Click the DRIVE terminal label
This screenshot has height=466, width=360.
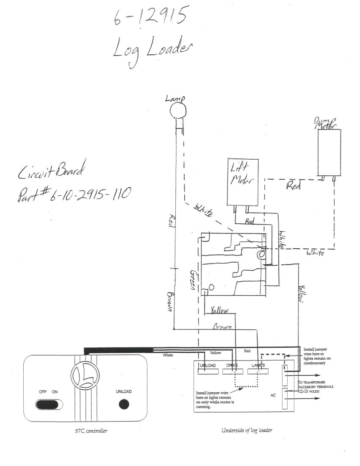pyautogui.click(x=232, y=365)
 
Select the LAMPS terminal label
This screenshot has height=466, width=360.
pyautogui.click(x=258, y=365)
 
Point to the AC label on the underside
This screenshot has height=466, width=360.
pyautogui.click(x=273, y=395)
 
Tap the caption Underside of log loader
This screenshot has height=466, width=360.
pyautogui.click(x=246, y=430)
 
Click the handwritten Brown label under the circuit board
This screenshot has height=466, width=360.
pyautogui.click(x=222, y=327)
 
